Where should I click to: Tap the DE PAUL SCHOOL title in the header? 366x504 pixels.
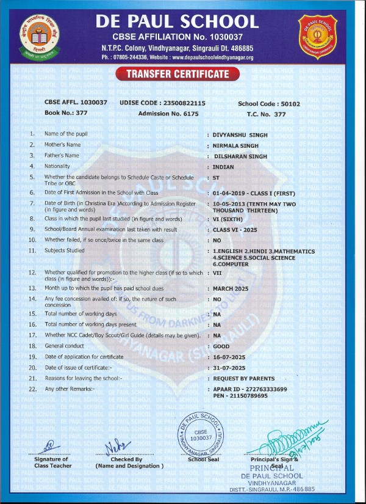(x=177, y=23)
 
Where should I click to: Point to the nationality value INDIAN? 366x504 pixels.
(x=224, y=167)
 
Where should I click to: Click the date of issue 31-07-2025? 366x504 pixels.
(x=229, y=368)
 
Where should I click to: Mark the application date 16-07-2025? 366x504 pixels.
(x=229, y=357)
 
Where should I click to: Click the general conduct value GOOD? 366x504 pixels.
(x=221, y=346)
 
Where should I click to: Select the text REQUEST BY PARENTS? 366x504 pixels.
(x=244, y=379)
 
